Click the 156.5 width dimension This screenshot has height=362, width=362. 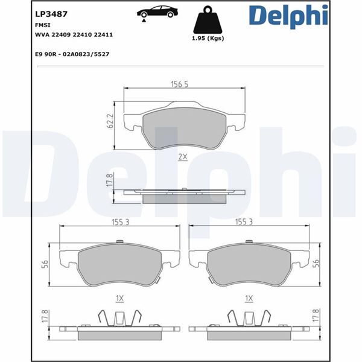point(178,84)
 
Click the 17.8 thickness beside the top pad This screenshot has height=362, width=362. point(109,181)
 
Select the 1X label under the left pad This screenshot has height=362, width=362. point(119,298)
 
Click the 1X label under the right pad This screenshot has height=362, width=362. point(249,298)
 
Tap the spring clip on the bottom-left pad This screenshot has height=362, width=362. point(119,316)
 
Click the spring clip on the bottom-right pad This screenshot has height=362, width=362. point(249,316)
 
